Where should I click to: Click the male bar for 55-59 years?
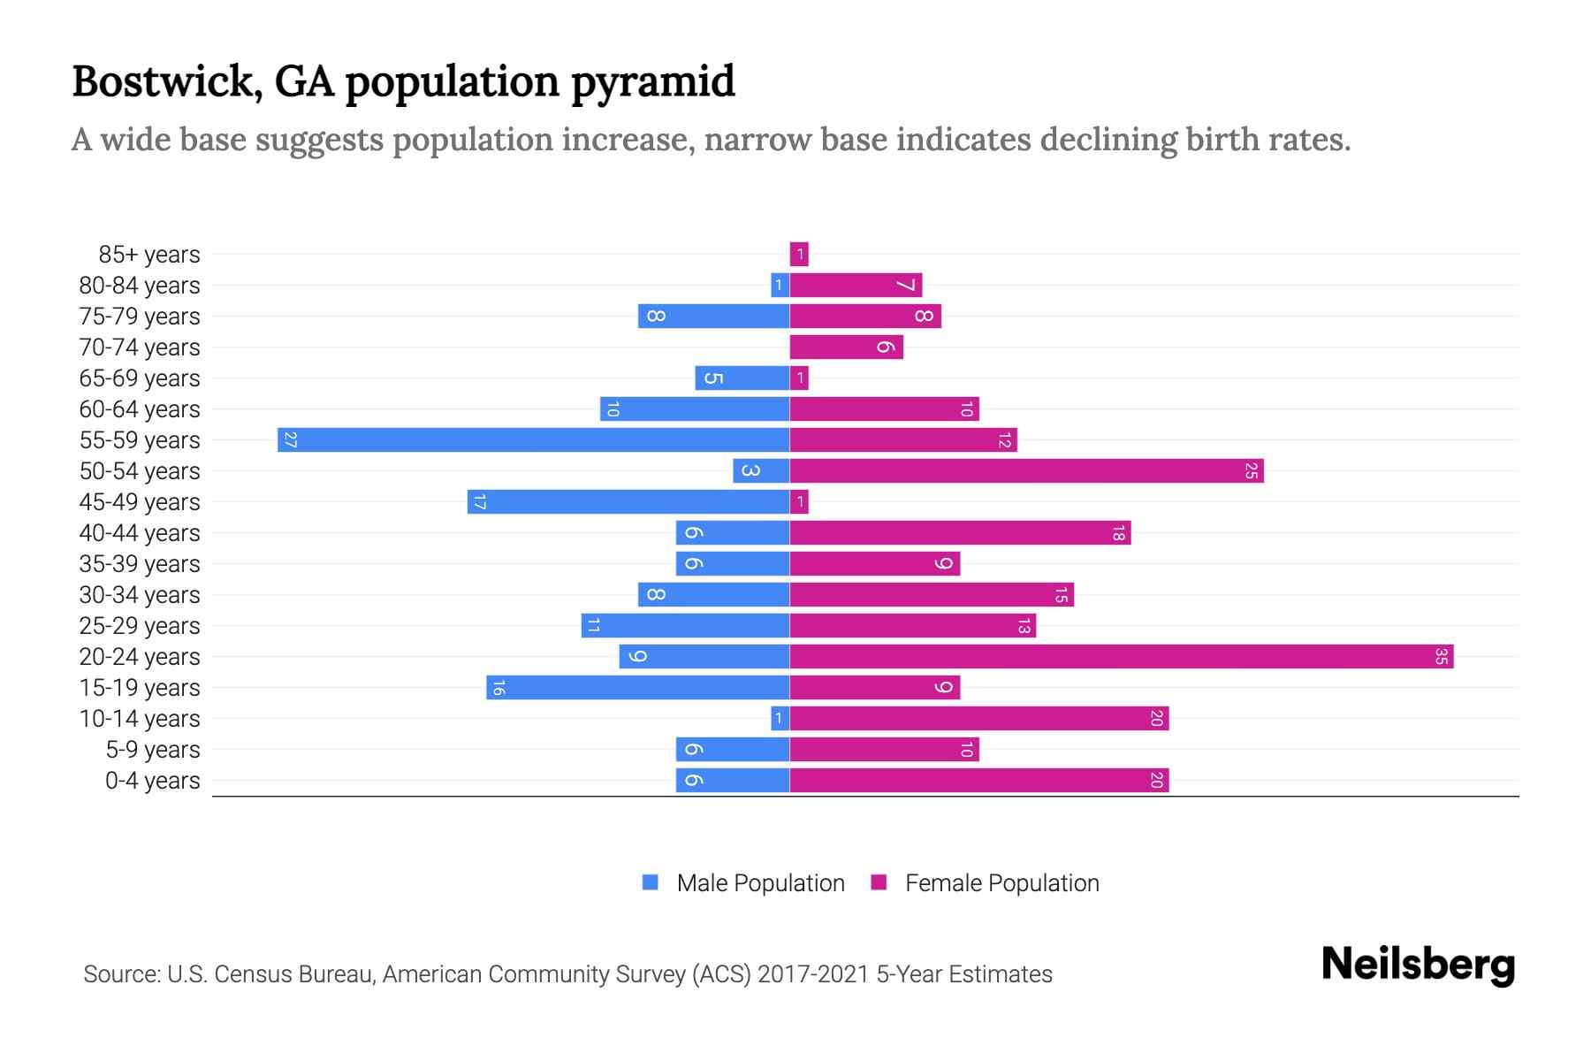(533, 439)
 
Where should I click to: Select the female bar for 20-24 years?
(1121, 656)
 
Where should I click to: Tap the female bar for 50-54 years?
(1025, 470)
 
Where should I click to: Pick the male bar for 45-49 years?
(628, 501)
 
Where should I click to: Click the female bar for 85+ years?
(799, 255)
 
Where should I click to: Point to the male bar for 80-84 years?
(780, 285)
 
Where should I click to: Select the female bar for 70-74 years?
(846, 347)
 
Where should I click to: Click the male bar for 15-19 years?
(637, 687)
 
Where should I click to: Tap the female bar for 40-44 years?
(959, 532)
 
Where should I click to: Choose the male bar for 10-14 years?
(780, 718)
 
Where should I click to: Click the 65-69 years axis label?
(140, 378)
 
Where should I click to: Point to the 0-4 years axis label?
(152, 781)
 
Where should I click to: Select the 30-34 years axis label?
(140, 595)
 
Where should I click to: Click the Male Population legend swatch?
(651, 882)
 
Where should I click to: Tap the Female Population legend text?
(1001, 883)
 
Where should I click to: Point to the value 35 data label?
(1441, 656)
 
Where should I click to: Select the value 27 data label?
(290, 439)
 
